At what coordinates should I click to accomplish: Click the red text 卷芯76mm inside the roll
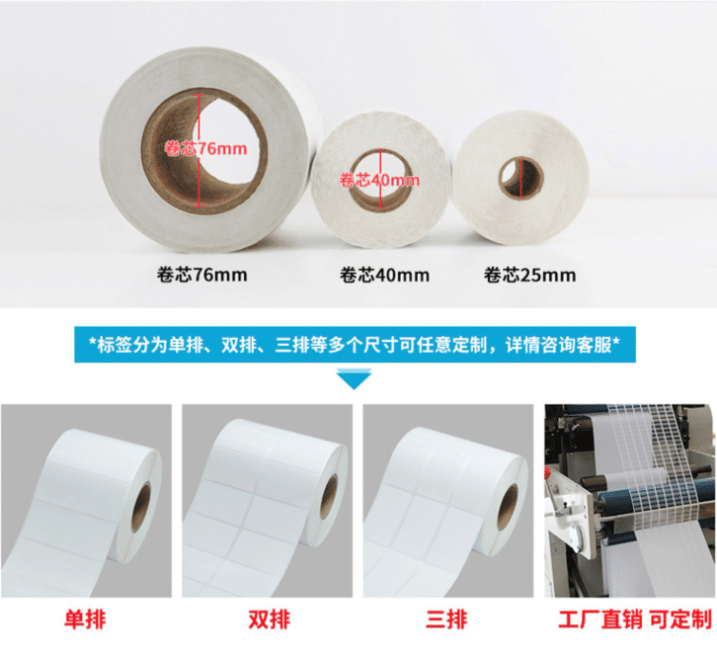coord(205,149)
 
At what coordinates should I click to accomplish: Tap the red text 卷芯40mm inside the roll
coord(379,181)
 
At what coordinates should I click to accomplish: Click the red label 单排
coord(85,620)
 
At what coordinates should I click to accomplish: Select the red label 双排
coord(268,620)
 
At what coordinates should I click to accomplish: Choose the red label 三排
coord(446,620)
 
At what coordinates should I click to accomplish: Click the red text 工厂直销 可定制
coord(628,620)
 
